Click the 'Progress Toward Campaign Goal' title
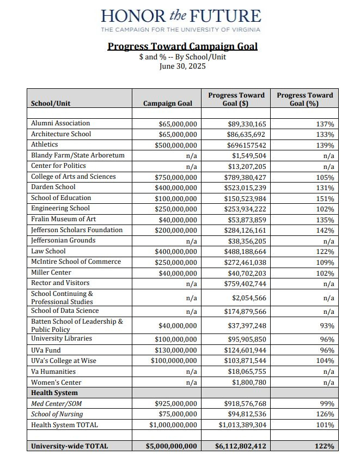pyautogui.click(x=182, y=46)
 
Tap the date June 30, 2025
pyautogui.click(x=182, y=67)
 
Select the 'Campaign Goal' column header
pyautogui.click(x=167, y=103)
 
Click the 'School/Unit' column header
pyautogui.click(x=51, y=103)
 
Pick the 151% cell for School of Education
pyautogui.click(x=325, y=198)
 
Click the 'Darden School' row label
pyautogui.click(x=53, y=187)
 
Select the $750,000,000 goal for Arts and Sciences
pyautogui.click(x=175, y=177)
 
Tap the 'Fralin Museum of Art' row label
pyautogui.click(x=63, y=219)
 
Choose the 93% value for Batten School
pyautogui.click(x=327, y=326)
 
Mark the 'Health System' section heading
pyautogui.click(x=54, y=393)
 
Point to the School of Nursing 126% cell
pyautogui.click(x=325, y=414)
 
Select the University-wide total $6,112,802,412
pyautogui.click(x=241, y=446)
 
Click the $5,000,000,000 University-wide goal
pyautogui.click(x=171, y=446)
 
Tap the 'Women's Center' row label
pyautogui.click(x=56, y=383)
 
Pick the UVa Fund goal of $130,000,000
pyautogui.click(x=175, y=350)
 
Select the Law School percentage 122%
pyautogui.click(x=325, y=251)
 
